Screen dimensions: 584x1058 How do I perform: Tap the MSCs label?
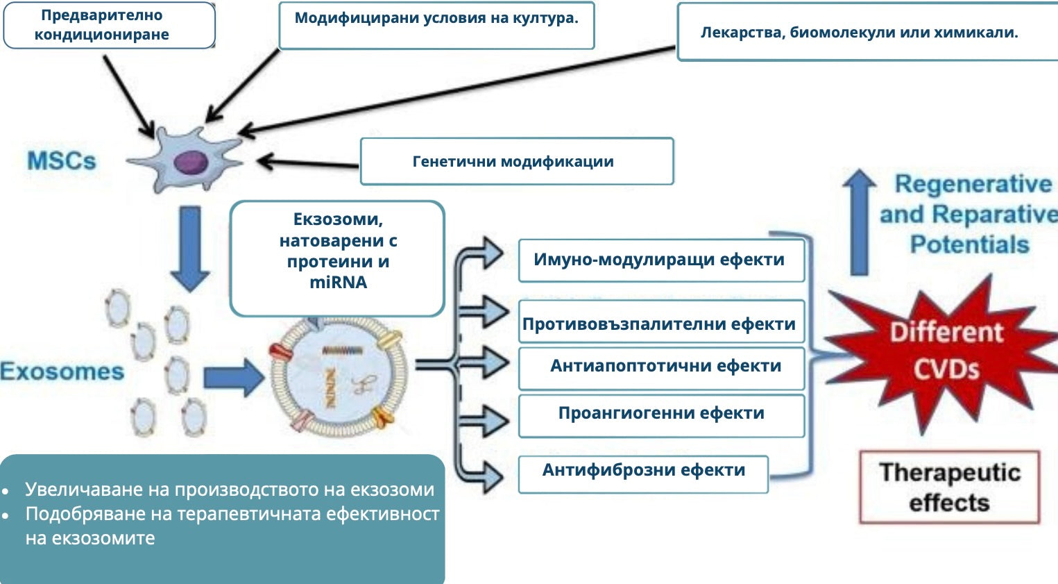pos(61,161)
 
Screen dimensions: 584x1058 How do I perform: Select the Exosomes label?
pos(62,372)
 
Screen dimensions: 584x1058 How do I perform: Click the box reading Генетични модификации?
pos(516,161)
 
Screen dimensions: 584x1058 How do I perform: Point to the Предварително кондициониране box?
pos(109,25)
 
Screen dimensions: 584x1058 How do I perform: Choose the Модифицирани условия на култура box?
pos(436,25)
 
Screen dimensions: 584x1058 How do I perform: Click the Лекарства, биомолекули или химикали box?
pos(860,32)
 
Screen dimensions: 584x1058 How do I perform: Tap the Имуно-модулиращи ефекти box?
pos(660,260)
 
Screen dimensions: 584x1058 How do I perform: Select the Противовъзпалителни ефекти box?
pos(660,324)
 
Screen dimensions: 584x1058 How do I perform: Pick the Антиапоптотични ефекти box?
pos(660,366)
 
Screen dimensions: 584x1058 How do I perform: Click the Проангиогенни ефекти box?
pos(660,414)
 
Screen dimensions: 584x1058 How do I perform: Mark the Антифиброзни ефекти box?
pos(643,472)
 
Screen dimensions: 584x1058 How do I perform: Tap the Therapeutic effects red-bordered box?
pos(949,487)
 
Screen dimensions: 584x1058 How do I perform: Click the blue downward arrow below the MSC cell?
pos(189,247)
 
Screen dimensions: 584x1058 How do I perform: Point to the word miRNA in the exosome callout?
pos(338,283)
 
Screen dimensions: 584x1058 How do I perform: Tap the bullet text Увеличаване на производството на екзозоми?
pos(230,490)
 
